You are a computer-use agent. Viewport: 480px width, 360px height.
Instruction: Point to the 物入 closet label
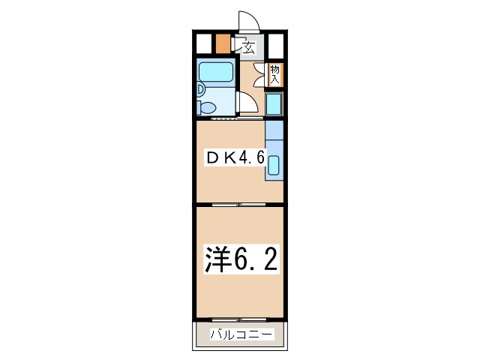274,73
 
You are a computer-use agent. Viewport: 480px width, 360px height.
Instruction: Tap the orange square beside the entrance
223,43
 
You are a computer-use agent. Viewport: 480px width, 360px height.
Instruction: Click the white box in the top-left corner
203,43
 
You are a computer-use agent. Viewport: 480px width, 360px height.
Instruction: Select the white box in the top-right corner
276,44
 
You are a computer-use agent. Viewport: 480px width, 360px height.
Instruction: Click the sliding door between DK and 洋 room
238,203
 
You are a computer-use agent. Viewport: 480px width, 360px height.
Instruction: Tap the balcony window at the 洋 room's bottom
240,319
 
